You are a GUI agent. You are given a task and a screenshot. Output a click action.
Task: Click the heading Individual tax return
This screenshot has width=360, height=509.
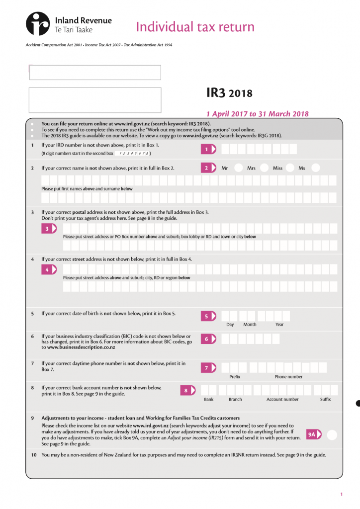tap(195, 26)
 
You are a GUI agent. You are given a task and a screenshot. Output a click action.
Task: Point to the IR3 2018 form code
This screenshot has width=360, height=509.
tap(229, 93)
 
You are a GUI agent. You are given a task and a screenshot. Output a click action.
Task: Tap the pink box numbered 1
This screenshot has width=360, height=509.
tap(208, 149)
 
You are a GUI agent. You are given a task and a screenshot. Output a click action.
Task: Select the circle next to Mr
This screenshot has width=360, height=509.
tap(239, 168)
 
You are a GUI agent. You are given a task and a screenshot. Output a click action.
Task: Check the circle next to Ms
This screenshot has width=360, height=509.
tap(315, 168)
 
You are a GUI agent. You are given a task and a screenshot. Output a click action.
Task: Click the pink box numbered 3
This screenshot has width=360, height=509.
tap(49, 229)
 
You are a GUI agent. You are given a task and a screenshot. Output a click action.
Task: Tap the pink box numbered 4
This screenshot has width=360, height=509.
tap(49, 269)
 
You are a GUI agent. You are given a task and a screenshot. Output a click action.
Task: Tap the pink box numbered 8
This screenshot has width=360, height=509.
tap(187, 390)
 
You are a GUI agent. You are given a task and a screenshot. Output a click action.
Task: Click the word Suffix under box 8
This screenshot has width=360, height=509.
tap(325, 400)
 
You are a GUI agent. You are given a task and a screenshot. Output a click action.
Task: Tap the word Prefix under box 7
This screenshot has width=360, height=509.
tap(235, 377)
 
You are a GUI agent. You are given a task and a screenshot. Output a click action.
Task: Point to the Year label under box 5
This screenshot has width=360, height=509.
tap(279, 325)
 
